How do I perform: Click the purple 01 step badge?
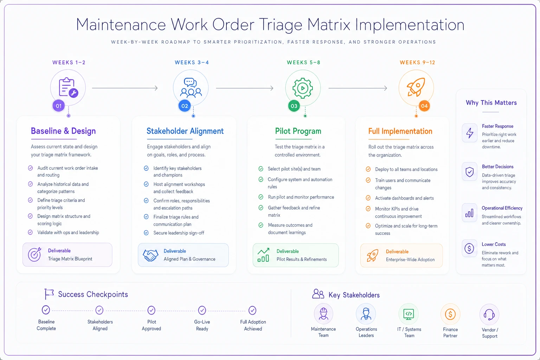tap(59, 106)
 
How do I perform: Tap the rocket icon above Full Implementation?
tap(416, 87)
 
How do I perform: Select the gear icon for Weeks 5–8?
tap(303, 88)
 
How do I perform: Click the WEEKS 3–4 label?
tap(192, 63)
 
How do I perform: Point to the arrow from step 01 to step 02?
tap(125, 88)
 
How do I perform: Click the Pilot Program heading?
tap(298, 131)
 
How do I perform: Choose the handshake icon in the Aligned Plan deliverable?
tap(150, 255)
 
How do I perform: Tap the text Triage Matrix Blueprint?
tap(70, 259)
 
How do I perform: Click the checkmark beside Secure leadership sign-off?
tap(146, 233)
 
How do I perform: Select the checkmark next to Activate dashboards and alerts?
tap(368, 198)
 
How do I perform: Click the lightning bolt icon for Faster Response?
tap(470, 133)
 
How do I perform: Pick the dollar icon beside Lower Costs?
tap(469, 248)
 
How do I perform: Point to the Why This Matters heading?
tap(491, 103)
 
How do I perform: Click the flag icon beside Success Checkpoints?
tap(49, 294)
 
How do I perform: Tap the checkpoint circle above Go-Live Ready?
tap(202, 310)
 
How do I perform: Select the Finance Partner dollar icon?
tap(450, 314)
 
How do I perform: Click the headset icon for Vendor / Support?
tap(489, 314)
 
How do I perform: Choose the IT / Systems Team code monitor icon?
tap(409, 314)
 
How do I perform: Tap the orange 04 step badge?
tap(424, 106)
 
